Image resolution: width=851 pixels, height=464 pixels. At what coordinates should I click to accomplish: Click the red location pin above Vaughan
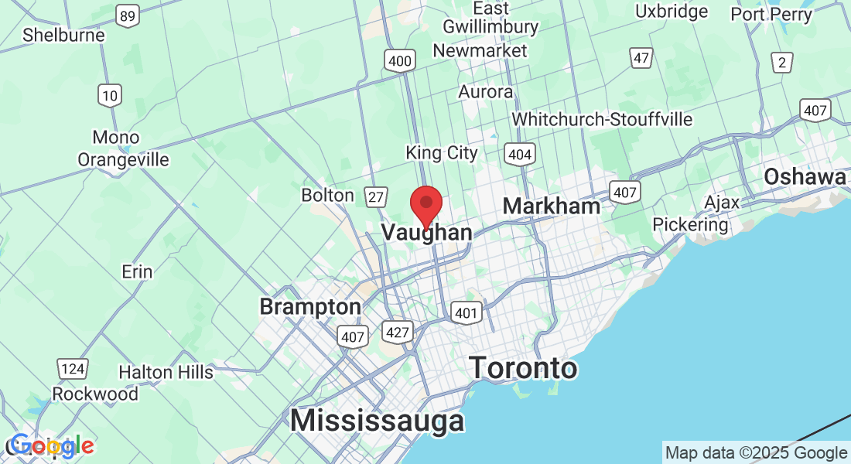pos(425,204)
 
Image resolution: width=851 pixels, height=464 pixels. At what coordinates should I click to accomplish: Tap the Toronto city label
pos(523,368)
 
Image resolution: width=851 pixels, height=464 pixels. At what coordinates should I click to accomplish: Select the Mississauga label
pos(378,421)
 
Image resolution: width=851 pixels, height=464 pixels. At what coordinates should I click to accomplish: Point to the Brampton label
pos(310,307)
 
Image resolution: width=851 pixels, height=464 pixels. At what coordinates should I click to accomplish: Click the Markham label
pos(551,206)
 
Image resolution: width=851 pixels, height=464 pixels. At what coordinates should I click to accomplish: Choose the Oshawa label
pos(805,177)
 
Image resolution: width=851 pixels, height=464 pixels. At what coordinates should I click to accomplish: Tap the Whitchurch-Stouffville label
pos(602,120)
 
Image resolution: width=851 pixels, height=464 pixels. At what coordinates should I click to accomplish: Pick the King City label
pos(442,153)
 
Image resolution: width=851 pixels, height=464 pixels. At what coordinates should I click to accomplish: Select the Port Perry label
pos(771,14)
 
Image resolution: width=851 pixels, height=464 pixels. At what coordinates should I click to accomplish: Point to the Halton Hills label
pos(166,372)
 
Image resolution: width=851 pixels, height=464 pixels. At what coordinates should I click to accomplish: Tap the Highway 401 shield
pos(467,312)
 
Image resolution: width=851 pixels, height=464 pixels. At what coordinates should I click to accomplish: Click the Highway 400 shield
pos(400,60)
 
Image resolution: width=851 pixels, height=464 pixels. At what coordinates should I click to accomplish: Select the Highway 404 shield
pos(520,155)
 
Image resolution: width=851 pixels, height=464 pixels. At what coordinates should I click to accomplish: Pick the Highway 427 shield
pos(395,333)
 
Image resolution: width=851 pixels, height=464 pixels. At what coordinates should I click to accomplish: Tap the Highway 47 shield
pos(641,57)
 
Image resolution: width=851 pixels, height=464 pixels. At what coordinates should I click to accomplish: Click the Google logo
pos(51,445)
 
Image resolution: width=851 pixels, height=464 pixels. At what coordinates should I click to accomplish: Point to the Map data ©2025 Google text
pos(756,453)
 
